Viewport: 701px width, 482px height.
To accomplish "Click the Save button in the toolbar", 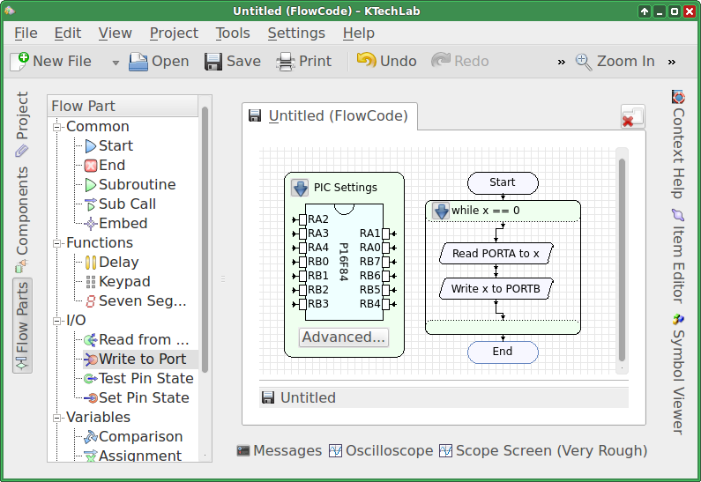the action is [233, 61].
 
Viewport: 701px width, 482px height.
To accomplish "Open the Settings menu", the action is [296, 33].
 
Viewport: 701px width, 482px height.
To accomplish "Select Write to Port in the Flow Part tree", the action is [142, 359].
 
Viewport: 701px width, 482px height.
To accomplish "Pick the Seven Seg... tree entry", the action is [136, 300].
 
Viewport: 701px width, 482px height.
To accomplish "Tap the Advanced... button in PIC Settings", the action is [343, 337].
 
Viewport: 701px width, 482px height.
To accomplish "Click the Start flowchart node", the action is [503, 182].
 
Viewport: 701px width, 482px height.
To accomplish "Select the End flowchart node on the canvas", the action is [503, 352].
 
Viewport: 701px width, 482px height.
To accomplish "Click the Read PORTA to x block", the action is [496, 254].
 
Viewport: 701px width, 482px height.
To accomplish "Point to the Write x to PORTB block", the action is [496, 289].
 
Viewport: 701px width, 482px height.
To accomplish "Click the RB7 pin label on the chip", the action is [369, 262].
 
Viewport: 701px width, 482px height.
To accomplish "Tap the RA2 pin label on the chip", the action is [317, 219].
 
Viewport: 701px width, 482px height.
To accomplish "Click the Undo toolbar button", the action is [386, 61].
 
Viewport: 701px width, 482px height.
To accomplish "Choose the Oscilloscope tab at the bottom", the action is [381, 451].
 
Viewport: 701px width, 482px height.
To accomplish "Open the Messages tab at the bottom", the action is [279, 451].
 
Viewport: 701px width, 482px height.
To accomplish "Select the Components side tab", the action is [22, 219].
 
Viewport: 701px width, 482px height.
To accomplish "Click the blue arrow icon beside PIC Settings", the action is [300, 188].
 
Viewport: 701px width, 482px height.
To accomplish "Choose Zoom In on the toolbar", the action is [615, 61].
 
